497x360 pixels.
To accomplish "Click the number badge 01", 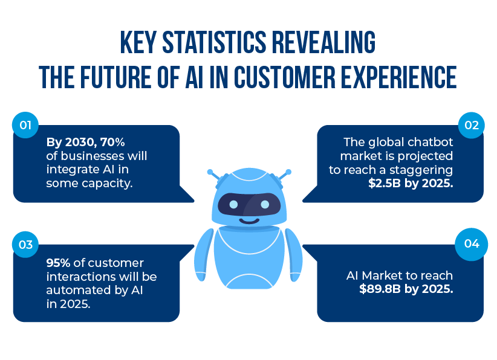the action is (25, 125).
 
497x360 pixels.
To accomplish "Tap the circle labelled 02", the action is (472, 125).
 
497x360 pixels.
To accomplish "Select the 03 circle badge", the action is (25, 245).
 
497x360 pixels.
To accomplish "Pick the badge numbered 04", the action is (472, 244).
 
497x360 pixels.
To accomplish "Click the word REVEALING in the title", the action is (324, 42).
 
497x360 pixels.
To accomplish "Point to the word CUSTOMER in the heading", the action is (285, 77).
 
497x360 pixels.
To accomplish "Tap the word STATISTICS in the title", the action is (214, 42).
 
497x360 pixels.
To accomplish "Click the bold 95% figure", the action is (58, 263).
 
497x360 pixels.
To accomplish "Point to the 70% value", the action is (112, 142).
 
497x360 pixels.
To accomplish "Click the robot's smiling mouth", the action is (249, 220).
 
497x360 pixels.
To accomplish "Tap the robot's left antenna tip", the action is (210, 172).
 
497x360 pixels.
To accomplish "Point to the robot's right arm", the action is (294, 255).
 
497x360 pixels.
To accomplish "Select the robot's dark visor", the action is (249, 205).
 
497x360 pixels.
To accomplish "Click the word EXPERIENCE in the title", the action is (398, 77).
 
